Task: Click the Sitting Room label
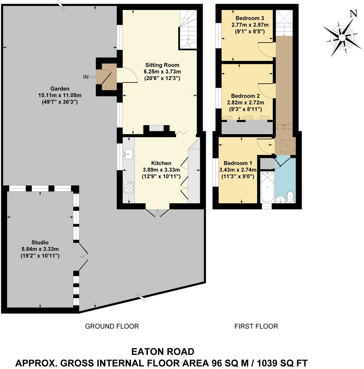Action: pyautogui.click(x=162, y=65)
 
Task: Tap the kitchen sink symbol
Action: pyautogui.click(x=128, y=154)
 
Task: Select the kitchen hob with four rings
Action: pyautogui.click(x=128, y=187)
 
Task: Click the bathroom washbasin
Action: pyautogui.click(x=279, y=200)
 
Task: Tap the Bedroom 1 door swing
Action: pyautogui.click(x=264, y=146)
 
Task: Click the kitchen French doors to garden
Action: pyautogui.click(x=157, y=213)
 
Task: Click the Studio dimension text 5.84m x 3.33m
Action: pyautogui.click(x=38, y=249)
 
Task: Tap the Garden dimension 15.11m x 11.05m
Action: pyautogui.click(x=60, y=95)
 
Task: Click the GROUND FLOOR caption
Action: pyautogui.click(x=112, y=326)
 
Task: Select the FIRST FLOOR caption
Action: pyautogui.click(x=256, y=326)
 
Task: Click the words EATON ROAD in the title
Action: pyautogui.click(x=162, y=352)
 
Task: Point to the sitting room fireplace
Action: pyautogui.click(x=156, y=129)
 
